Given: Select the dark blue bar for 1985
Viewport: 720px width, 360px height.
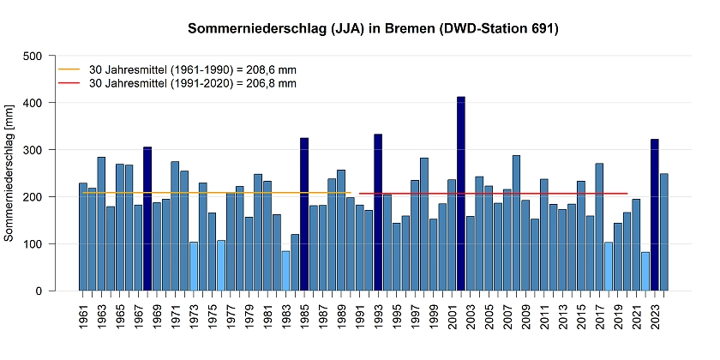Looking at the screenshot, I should tap(304, 214).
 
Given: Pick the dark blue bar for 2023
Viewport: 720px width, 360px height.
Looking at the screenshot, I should tap(655, 215).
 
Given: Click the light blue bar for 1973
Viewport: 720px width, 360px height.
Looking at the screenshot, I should tap(194, 267).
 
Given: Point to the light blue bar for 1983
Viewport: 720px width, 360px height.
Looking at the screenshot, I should tap(285, 271).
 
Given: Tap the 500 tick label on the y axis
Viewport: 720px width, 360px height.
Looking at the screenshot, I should tap(33, 56).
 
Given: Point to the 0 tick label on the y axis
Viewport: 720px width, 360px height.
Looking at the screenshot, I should tap(39, 291).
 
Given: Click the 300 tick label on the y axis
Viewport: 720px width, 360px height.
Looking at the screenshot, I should tap(33, 150).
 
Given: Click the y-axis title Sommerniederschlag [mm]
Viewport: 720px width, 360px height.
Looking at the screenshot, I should tap(9, 172).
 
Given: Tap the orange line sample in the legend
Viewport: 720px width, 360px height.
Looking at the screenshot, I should tap(69, 69).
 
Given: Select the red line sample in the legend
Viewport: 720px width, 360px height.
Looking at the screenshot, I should tap(69, 83).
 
